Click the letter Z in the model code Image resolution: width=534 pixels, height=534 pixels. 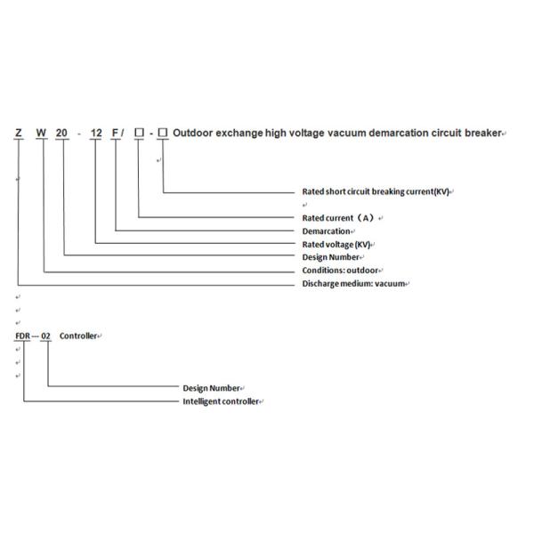pyautogui.click(x=18, y=133)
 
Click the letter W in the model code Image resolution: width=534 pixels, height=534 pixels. pyautogui.click(x=42, y=133)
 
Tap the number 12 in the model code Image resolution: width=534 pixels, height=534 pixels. pyautogui.click(x=99, y=133)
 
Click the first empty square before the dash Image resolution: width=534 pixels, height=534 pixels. pyautogui.click(x=139, y=133)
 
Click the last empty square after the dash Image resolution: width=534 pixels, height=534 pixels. pyautogui.click(x=162, y=133)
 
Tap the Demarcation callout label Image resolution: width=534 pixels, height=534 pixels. pyautogui.click(x=326, y=231)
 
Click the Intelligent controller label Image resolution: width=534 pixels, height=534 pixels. pyautogui.click(x=221, y=401)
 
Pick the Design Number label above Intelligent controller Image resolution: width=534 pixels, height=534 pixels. pyautogui.click(x=211, y=388)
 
